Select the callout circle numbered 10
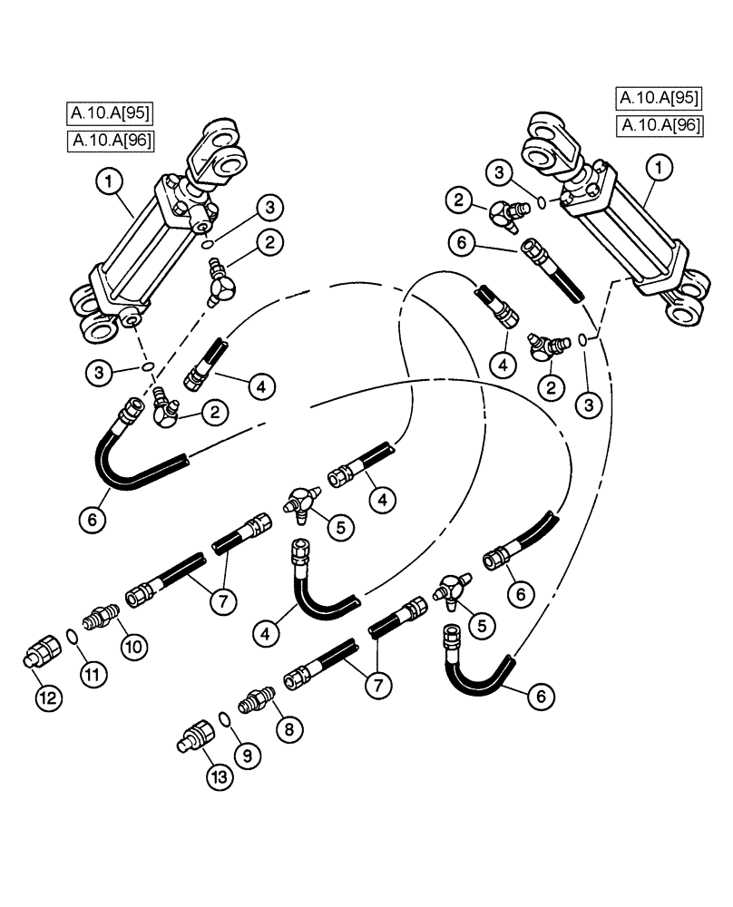[x=132, y=647]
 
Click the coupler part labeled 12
[x=38, y=655]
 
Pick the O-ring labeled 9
[x=224, y=718]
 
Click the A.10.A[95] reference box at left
[x=110, y=113]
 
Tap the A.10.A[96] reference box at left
[x=110, y=140]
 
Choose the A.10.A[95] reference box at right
[x=659, y=98]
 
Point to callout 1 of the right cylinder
[x=660, y=168]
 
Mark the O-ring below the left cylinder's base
[x=144, y=367]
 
